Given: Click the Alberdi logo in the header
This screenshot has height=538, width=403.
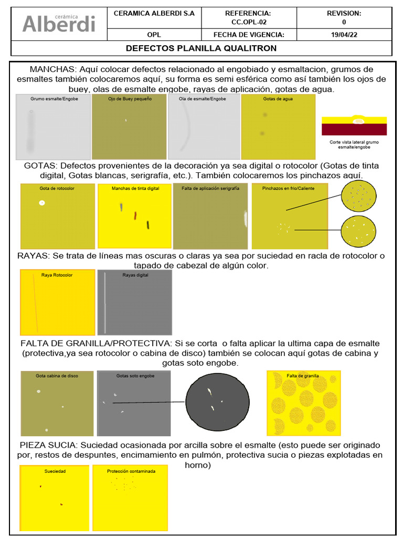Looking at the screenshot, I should (x=59, y=24).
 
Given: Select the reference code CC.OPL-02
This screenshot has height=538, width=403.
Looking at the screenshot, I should (x=248, y=22).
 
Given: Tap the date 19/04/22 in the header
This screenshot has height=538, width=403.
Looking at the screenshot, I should (x=344, y=35).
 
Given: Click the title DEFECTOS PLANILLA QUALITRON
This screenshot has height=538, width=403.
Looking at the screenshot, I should (x=201, y=48).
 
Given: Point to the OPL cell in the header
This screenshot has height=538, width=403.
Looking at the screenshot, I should (x=154, y=35).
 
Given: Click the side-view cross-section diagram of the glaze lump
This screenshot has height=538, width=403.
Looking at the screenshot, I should (x=354, y=126).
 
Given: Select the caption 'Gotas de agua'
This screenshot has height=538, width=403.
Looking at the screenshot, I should (x=278, y=99).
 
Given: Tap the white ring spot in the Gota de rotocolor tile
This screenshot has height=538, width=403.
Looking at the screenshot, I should (x=42, y=203).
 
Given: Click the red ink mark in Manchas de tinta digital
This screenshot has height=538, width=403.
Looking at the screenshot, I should (x=135, y=215).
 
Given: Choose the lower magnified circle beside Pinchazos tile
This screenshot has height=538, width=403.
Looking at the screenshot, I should (x=358, y=231).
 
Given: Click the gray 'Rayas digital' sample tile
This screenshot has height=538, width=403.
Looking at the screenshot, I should (x=135, y=303).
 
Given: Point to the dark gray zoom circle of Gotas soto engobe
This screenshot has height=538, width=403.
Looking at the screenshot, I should (x=218, y=402).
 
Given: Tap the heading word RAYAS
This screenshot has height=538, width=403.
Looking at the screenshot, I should (x=33, y=256).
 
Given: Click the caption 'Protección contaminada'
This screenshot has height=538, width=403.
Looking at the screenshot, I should (x=131, y=471).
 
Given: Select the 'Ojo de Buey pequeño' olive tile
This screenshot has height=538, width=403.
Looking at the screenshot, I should (x=129, y=127).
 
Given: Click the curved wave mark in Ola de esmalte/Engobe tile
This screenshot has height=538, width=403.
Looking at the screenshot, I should (x=184, y=126).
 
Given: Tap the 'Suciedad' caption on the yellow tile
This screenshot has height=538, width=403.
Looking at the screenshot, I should (x=55, y=471).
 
